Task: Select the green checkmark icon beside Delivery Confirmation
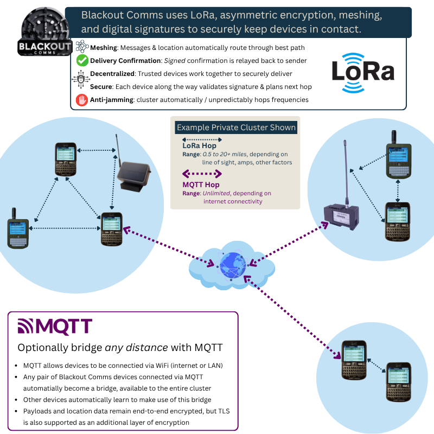click(82, 60)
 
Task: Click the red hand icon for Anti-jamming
click(81, 100)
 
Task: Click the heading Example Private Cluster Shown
click(237, 128)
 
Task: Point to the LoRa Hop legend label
click(199, 146)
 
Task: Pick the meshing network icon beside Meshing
click(82, 47)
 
